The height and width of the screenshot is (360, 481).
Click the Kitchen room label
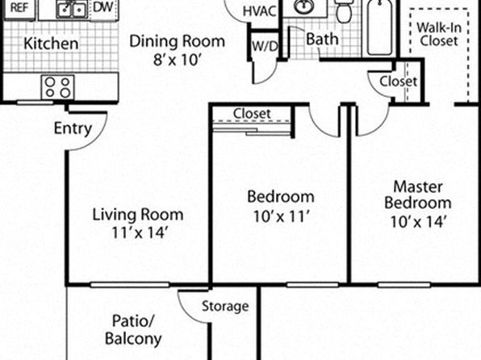click(x=51, y=44)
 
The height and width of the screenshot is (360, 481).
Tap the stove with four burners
click(x=57, y=87)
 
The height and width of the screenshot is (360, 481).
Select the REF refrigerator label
click(x=19, y=8)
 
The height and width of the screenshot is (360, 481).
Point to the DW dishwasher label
click(x=102, y=7)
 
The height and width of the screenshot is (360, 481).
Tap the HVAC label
click(x=259, y=11)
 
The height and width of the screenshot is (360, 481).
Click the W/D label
click(x=265, y=46)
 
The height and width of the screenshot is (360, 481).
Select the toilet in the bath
click(x=343, y=10)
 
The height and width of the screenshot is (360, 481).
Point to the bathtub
click(x=380, y=27)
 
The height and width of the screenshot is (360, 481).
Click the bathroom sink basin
click(x=304, y=6)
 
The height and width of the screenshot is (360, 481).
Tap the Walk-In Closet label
click(x=439, y=34)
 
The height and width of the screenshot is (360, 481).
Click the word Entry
click(x=73, y=128)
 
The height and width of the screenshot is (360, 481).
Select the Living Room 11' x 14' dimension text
click(x=139, y=232)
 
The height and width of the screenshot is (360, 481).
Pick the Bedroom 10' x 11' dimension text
click(x=281, y=216)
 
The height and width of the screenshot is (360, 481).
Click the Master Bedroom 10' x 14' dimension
click(x=417, y=222)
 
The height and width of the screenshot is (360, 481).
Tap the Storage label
click(x=225, y=306)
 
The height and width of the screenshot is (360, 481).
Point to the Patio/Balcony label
click(x=133, y=330)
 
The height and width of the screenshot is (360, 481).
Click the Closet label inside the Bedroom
click(x=252, y=114)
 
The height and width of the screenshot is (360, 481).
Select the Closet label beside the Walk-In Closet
click(x=398, y=82)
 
